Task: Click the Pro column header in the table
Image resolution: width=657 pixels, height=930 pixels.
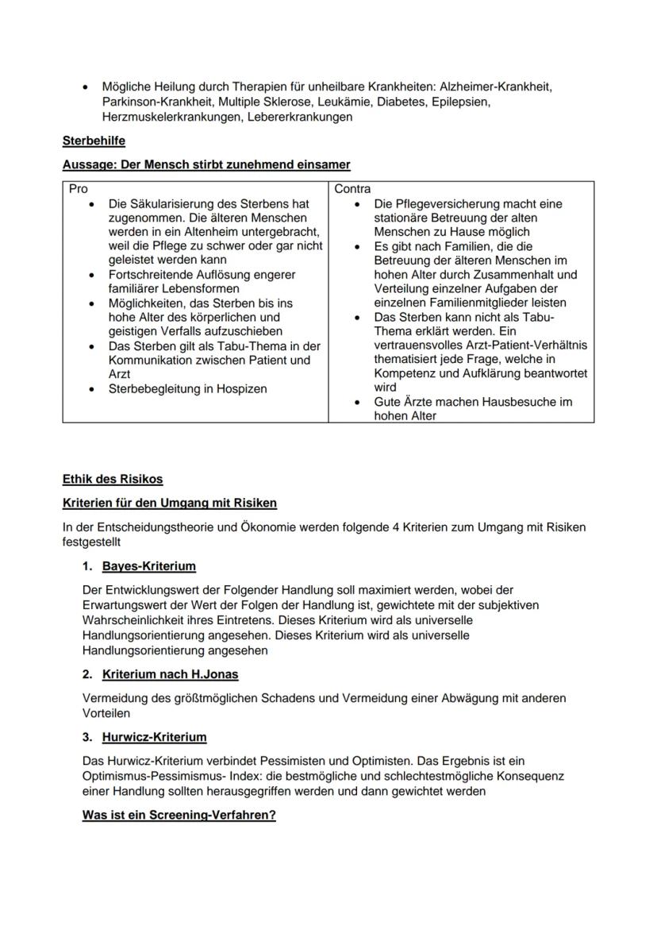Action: [78, 189]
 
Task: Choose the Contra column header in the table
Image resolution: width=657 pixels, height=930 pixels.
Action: [352, 189]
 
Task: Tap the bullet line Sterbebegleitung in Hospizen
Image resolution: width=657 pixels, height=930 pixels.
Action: [187, 388]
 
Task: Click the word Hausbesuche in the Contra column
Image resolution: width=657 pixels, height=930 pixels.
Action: [502, 402]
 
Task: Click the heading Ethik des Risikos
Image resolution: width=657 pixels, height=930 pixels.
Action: [113, 480]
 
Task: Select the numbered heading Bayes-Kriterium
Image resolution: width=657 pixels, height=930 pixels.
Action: [148, 566]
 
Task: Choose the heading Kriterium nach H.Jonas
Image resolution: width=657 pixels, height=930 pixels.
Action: [170, 674]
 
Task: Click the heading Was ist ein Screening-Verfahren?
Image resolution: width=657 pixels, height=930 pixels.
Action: [179, 815]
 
